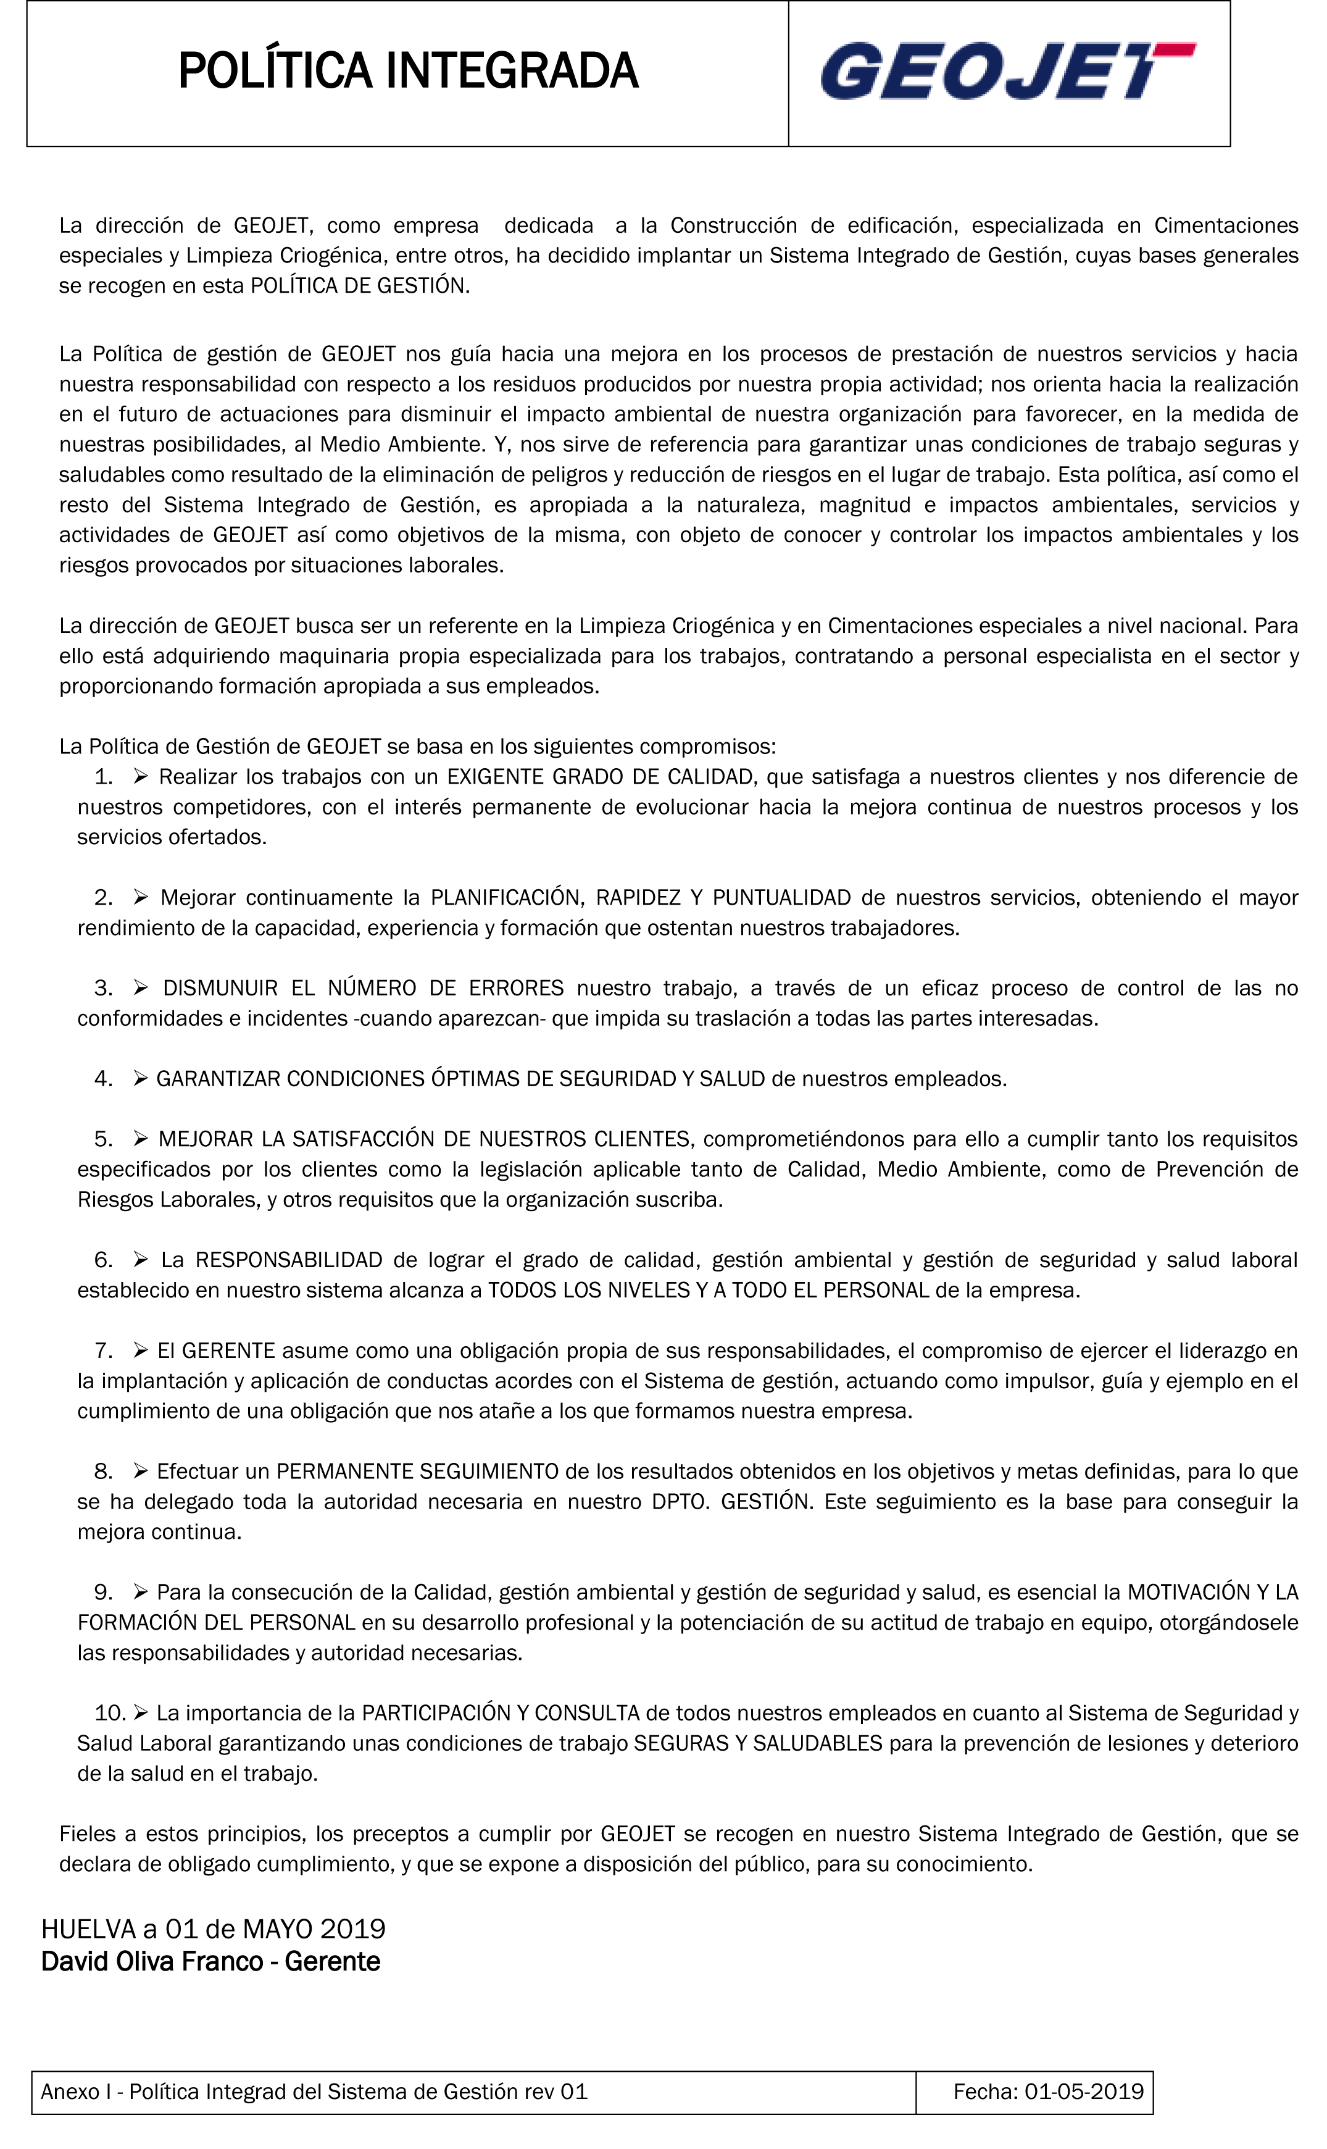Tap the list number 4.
click(104, 1079)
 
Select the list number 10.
click(110, 1712)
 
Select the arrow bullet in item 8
click(141, 1472)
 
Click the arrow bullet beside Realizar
click(141, 776)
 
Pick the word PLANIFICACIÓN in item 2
click(505, 898)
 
